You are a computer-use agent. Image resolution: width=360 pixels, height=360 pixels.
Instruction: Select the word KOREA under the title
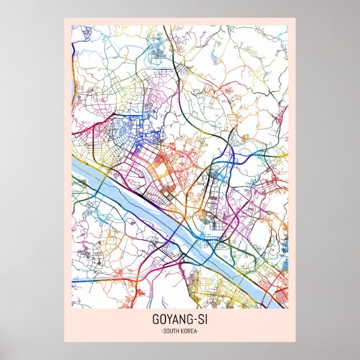point(189,332)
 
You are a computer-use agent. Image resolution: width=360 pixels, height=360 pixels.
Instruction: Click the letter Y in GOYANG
point(167,321)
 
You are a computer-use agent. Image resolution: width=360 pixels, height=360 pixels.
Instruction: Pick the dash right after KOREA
point(198,332)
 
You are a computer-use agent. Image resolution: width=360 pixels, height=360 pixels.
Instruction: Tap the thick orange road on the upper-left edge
point(74,53)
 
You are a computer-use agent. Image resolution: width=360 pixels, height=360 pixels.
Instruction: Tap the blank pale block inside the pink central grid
point(160,165)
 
